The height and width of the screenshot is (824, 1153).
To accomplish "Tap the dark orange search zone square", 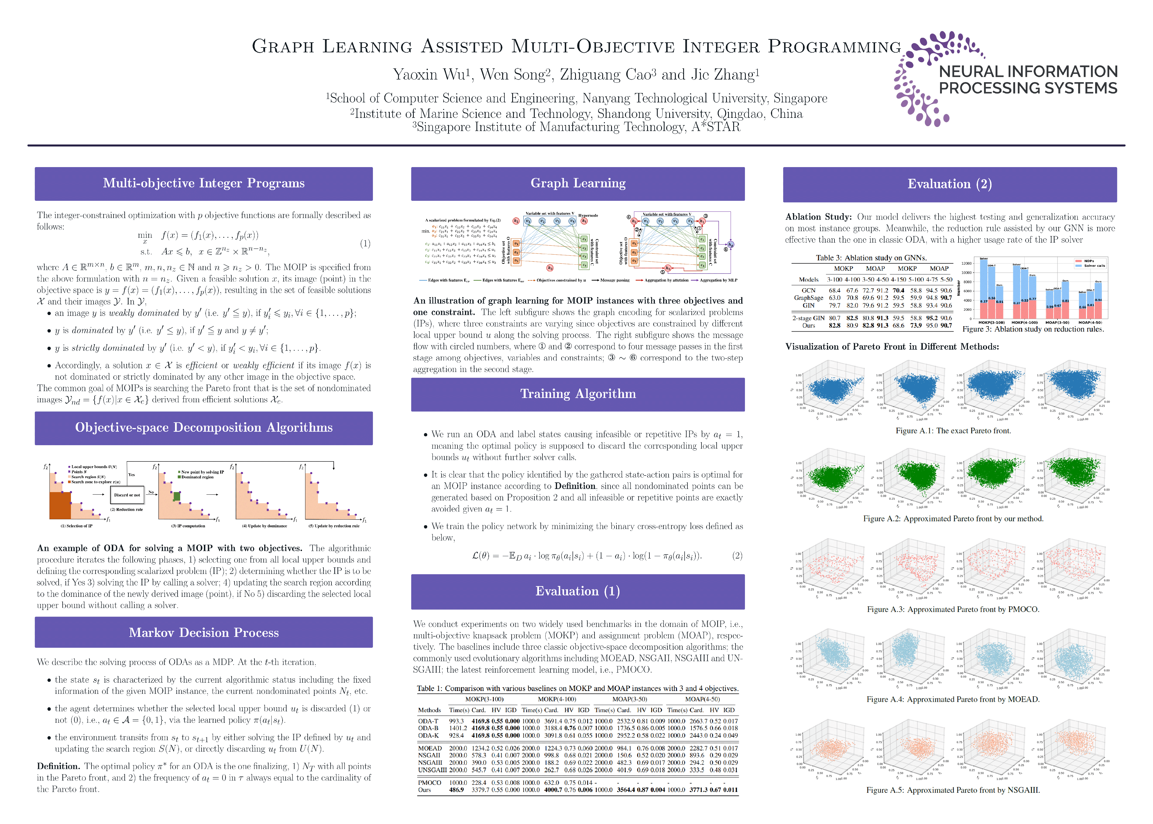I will pyautogui.click(x=60, y=505).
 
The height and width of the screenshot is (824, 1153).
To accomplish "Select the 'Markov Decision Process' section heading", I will pyautogui.click(x=203, y=632).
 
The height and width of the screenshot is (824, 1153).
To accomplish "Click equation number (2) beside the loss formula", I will pyautogui.click(x=737, y=556).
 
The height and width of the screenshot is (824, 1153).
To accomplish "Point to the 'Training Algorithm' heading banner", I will pyautogui.click(x=578, y=394).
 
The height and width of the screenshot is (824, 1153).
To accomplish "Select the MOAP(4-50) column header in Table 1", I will pyautogui.click(x=702, y=699).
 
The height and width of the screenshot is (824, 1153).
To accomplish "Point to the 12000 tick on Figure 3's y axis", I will pyautogui.click(x=967, y=263).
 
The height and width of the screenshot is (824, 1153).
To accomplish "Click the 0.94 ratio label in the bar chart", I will pyautogui.click(x=1098, y=300).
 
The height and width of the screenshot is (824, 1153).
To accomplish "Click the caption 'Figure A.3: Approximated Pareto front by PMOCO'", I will pyautogui.click(x=953, y=609).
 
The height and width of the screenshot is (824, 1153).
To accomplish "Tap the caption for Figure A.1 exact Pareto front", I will pyautogui.click(x=953, y=431).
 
